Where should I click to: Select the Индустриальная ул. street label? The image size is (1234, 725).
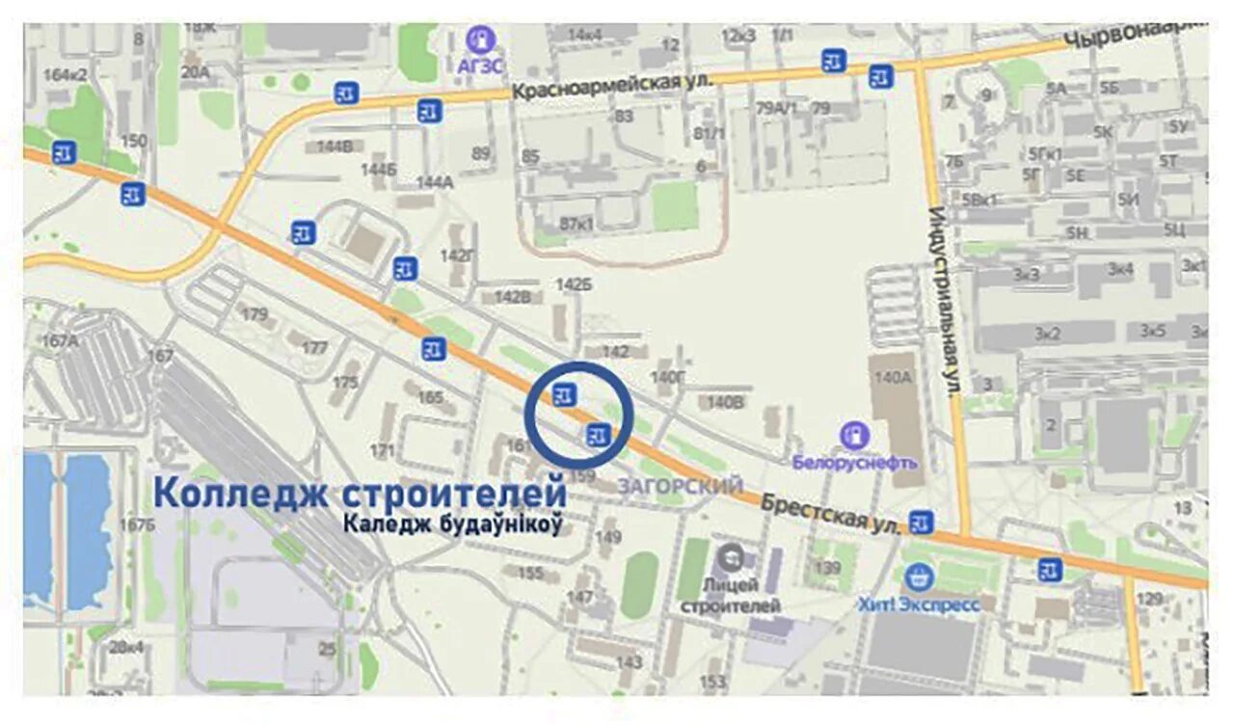coord(945,299)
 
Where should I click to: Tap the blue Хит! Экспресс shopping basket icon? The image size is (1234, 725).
coord(919,578)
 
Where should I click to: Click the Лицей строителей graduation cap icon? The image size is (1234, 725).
coord(732,557)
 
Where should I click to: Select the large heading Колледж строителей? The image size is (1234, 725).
coord(360,492)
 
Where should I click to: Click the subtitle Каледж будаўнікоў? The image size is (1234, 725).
coord(452,524)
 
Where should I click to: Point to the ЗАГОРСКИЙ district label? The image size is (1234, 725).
coord(683,485)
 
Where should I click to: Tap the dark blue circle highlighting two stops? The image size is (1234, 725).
coord(578,416)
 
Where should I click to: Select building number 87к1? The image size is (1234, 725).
coord(577,224)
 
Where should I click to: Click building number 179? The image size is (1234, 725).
coord(255,314)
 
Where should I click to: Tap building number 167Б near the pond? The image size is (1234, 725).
coord(136,524)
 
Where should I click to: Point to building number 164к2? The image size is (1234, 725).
coord(66,74)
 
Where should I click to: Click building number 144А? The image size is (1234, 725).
coord(434,181)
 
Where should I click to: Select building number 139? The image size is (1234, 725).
coord(827,568)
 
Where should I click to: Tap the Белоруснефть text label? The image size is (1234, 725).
coord(854,462)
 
